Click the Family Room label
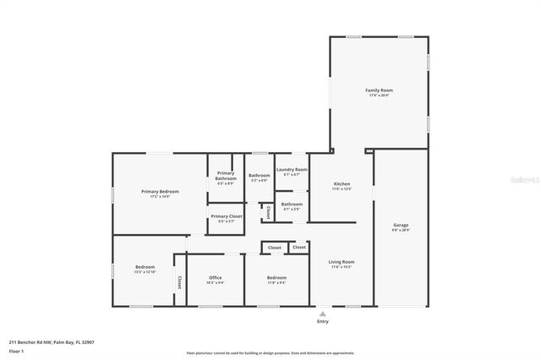[x=378, y=90]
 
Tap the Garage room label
[x=401, y=225]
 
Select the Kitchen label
[x=342, y=183]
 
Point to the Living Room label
[x=342, y=262]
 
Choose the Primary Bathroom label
[x=226, y=176]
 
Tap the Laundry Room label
[x=292, y=169]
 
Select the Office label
[x=216, y=277]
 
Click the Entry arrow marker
[x=322, y=312]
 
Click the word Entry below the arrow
[x=322, y=321]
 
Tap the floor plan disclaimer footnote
[x=270, y=352]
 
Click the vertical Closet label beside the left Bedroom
[x=179, y=282]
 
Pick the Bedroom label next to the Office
[x=276, y=277]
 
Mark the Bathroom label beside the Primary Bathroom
[x=260, y=175]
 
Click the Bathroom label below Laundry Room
[x=292, y=203]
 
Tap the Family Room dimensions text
[x=378, y=95]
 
